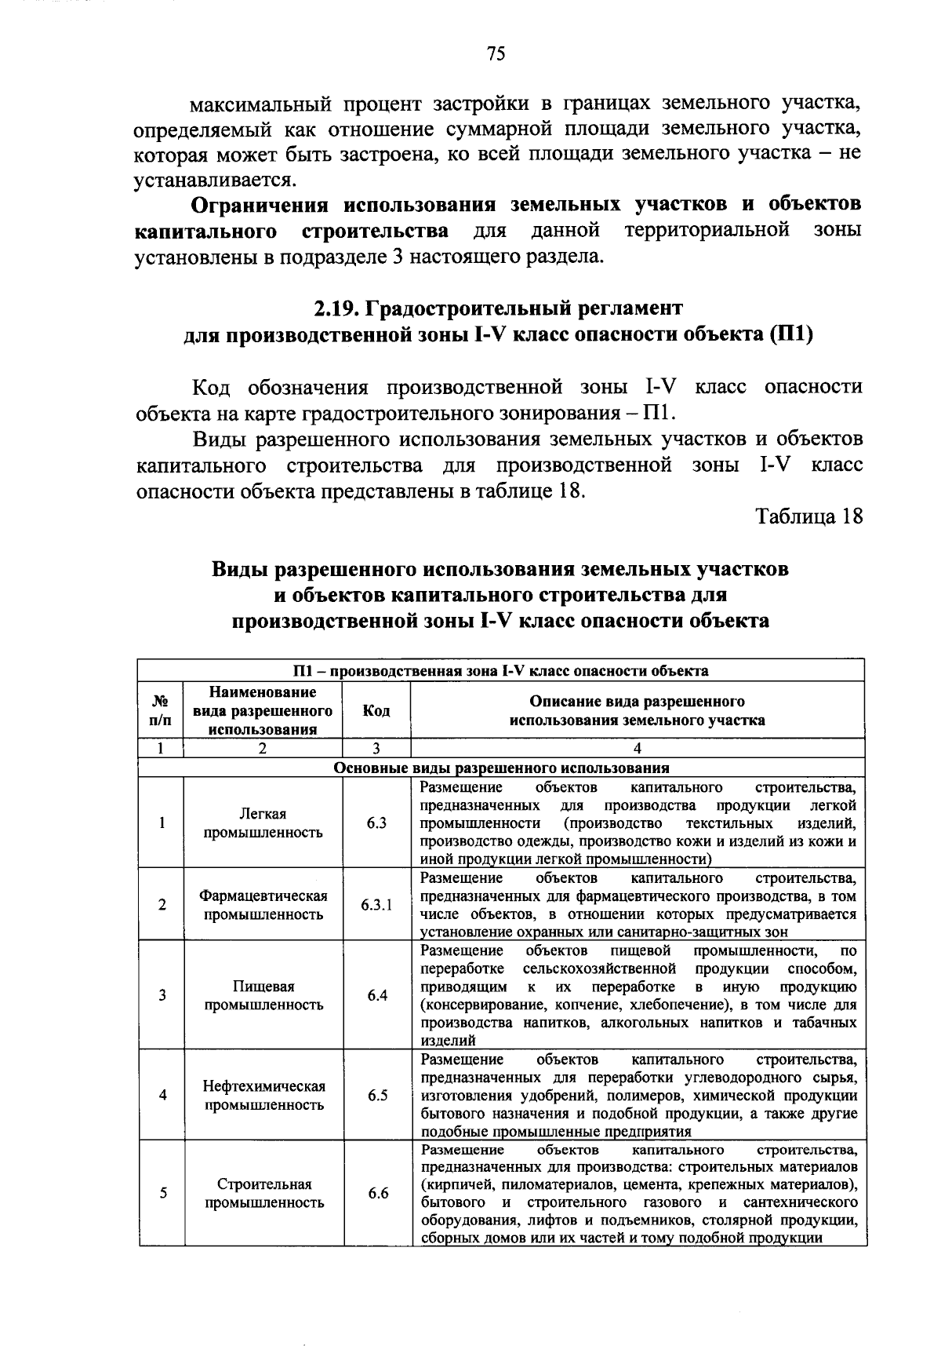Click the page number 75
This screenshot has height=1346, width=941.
pyautogui.click(x=495, y=53)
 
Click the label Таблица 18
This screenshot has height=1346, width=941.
pyautogui.click(x=808, y=516)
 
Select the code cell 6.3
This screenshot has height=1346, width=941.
pyautogui.click(x=377, y=823)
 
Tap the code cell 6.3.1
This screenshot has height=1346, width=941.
pyautogui.click(x=377, y=905)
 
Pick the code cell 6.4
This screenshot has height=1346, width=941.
pyautogui.click(x=377, y=995)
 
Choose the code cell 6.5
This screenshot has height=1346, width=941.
pyautogui.click(x=377, y=1096)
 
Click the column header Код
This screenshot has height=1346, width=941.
pyautogui.click(x=376, y=710)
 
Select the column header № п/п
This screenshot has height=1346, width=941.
pyautogui.click(x=161, y=710)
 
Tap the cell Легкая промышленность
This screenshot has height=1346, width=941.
pyautogui.click(x=263, y=823)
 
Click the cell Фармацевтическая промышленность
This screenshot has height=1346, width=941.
pyautogui.click(x=263, y=905)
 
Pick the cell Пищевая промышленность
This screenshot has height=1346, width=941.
pyautogui.click(x=263, y=995)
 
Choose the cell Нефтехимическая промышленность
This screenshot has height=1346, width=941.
pyautogui.click(x=263, y=1096)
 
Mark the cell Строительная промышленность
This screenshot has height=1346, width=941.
pyautogui.click(x=263, y=1194)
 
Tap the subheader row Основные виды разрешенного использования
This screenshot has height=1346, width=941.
pyautogui.click(x=502, y=768)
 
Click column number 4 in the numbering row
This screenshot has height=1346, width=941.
pyautogui.click(x=637, y=749)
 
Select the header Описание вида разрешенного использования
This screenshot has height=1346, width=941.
pyautogui.click(x=637, y=710)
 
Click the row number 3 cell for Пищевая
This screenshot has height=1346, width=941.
pyautogui.click(x=162, y=995)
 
